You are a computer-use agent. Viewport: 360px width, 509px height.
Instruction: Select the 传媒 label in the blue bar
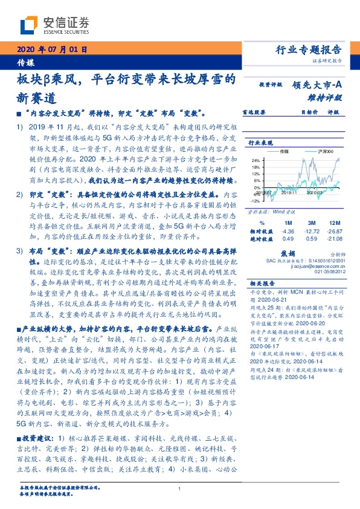coord(25,62)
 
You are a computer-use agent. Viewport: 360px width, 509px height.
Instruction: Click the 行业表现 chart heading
coord(262,142)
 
